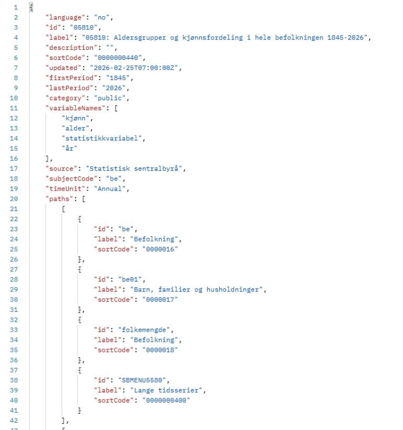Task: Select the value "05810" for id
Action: pos(83,28)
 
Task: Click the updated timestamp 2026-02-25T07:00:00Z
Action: pos(134,68)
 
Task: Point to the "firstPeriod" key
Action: pos(71,78)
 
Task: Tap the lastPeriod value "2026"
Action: pos(114,88)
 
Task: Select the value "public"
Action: pos(110,98)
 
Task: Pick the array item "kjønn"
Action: pos(76,119)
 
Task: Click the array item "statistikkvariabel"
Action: pos(102,139)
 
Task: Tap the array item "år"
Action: pos(69,149)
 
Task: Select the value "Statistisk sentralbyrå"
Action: pos(134,169)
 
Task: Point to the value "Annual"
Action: pos(110,189)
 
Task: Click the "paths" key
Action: pos(59,199)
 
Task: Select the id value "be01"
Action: pos(130,280)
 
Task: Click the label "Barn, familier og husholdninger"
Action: pos(196,290)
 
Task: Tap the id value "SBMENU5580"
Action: pos(142,380)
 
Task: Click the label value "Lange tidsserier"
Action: pos(166,391)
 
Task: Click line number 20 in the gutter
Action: pos(14,199)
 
